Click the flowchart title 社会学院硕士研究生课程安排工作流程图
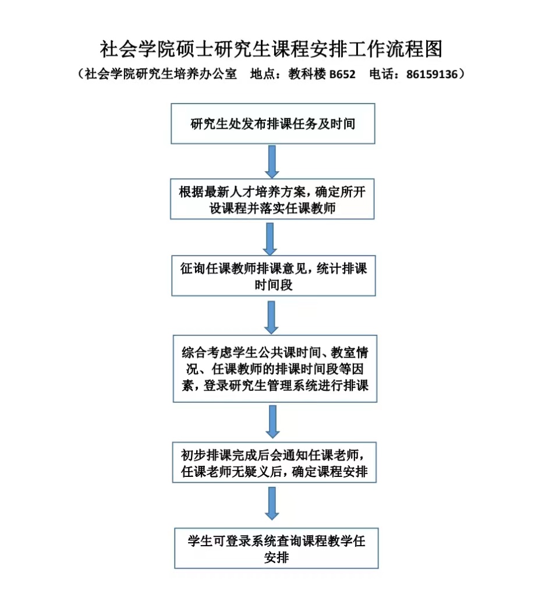271,49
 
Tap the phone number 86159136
431,74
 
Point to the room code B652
342,74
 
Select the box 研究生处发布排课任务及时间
272,123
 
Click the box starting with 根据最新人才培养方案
272,199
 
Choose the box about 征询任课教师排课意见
274,275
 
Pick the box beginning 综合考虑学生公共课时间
275,369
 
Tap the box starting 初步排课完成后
274,462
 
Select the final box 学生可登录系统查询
276,549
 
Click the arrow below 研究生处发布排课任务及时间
272,162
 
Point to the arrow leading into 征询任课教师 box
270,239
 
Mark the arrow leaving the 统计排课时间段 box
271,317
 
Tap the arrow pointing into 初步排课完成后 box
272,422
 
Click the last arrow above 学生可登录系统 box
272,504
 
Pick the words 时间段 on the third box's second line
274,285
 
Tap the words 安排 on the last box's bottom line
277,557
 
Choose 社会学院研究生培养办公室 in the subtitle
161,74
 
